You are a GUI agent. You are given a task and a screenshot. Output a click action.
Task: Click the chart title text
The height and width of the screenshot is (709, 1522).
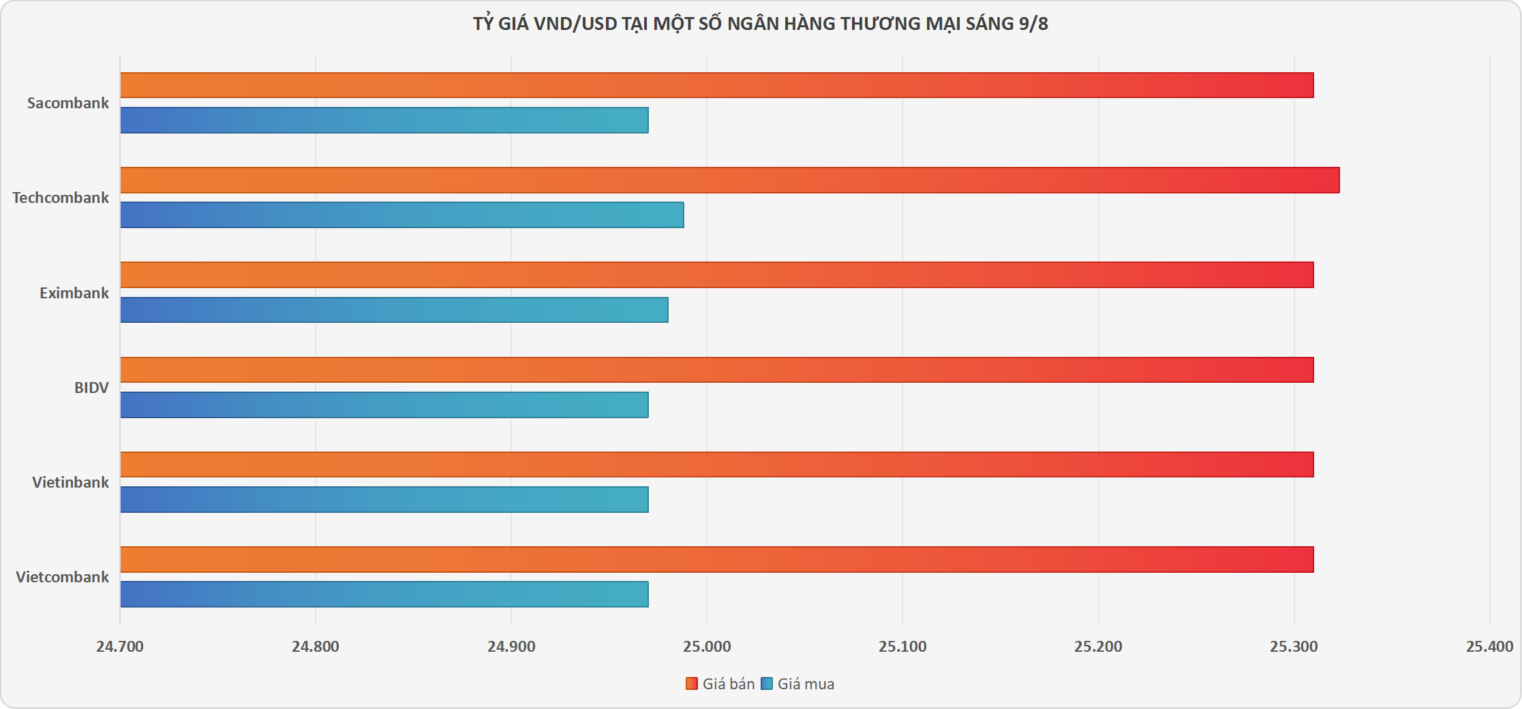click(760, 24)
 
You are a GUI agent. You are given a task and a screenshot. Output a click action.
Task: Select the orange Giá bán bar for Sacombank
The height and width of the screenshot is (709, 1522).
click(716, 85)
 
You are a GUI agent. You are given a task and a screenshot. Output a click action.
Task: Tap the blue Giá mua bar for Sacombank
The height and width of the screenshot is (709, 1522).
click(384, 120)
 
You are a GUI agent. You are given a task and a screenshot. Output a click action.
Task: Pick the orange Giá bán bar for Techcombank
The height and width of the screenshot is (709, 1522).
click(729, 180)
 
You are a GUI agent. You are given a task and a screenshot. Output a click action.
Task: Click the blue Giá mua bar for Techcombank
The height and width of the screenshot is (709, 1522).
click(401, 215)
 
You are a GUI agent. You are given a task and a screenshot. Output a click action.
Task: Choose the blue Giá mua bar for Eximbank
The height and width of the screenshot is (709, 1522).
click(394, 310)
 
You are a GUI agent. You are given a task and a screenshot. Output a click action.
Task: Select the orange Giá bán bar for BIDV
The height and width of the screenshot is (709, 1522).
click(716, 370)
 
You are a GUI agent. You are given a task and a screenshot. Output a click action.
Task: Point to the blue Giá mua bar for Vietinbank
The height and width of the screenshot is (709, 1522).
click(384, 499)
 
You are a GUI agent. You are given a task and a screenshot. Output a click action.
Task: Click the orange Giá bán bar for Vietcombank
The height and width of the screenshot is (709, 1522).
click(716, 559)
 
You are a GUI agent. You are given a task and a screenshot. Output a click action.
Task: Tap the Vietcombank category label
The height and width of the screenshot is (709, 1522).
click(62, 577)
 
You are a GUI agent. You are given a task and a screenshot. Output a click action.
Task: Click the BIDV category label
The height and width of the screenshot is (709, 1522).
click(91, 388)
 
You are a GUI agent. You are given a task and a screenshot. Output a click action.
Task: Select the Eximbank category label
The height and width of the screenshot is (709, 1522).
click(74, 293)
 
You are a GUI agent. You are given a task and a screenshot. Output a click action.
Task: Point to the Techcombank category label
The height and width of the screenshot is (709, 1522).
click(61, 198)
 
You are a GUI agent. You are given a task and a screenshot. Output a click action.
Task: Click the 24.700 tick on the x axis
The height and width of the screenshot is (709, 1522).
click(120, 646)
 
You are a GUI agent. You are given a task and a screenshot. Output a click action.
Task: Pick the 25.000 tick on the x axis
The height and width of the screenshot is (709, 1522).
click(707, 646)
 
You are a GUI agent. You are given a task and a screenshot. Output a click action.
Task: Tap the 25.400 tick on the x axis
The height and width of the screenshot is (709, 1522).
click(1489, 646)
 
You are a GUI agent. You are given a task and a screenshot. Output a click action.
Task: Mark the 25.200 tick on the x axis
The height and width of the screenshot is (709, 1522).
click(1098, 646)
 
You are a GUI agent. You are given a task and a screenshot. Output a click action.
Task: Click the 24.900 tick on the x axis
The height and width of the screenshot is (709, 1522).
click(511, 646)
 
